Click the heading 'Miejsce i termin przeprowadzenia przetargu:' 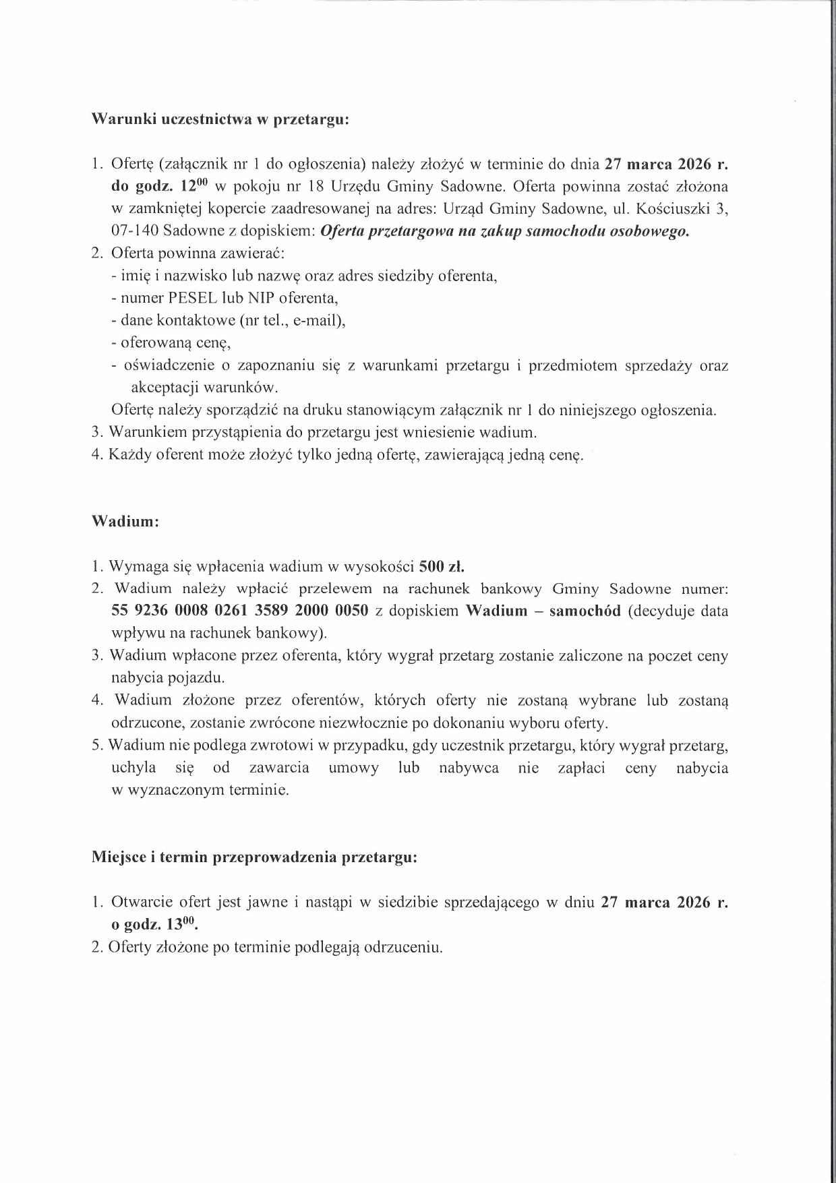click(254, 857)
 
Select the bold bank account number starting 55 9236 click(239, 611)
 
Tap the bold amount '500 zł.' click(442, 566)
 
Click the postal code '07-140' click(135, 231)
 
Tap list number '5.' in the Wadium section click(98, 746)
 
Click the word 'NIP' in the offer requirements click(263, 298)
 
